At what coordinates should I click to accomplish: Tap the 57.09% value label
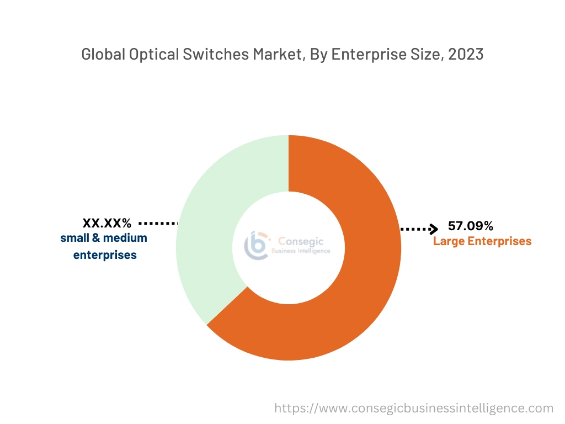[x=470, y=226]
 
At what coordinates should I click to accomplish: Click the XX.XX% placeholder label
[x=107, y=223]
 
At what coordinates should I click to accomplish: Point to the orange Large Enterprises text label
[x=482, y=241]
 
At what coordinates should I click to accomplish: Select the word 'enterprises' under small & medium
[x=105, y=255]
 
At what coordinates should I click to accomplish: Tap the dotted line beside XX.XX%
[x=159, y=223]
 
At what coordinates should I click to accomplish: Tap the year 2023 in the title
[x=466, y=55]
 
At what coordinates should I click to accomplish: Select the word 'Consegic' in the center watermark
[x=301, y=241]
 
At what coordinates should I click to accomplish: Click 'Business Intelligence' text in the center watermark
[x=301, y=251]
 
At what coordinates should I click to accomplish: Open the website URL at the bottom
[x=414, y=408]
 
